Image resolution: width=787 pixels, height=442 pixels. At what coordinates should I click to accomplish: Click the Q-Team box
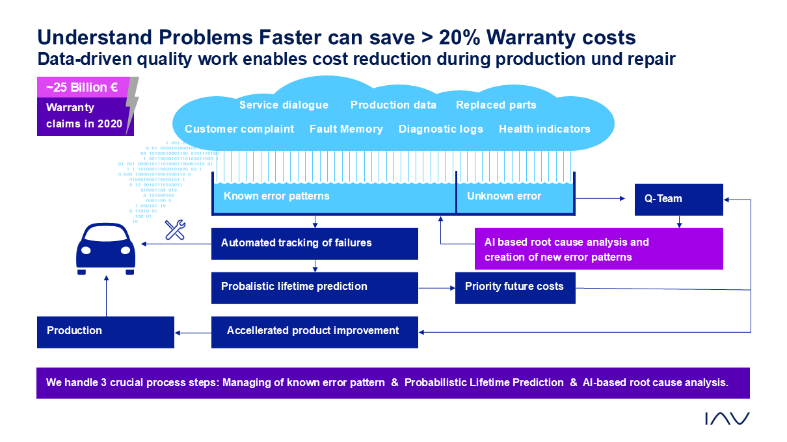(678, 200)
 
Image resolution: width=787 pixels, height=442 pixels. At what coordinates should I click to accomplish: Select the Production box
(105, 331)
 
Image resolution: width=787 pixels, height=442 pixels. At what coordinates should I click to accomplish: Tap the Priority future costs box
(515, 287)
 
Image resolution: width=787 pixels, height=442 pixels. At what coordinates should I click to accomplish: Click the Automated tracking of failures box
(315, 244)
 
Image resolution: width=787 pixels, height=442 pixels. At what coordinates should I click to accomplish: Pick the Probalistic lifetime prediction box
(315, 287)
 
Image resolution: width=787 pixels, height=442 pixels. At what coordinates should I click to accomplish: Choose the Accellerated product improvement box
(315, 331)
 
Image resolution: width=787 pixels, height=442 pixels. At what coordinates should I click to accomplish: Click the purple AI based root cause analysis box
(598, 249)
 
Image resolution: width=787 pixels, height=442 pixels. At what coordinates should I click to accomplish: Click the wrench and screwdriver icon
(175, 229)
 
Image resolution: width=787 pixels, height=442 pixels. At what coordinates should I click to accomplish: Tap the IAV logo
(727, 419)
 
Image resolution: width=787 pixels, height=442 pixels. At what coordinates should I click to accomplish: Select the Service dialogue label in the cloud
(284, 105)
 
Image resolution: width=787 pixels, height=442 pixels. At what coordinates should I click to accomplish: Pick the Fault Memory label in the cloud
(346, 129)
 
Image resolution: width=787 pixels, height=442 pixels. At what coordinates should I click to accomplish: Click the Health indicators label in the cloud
(544, 129)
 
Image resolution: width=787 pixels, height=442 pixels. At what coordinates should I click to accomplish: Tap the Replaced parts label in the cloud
(496, 105)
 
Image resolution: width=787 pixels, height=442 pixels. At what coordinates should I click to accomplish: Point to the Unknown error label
(503, 196)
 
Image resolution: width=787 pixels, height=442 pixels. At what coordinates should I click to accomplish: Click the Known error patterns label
(276, 196)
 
